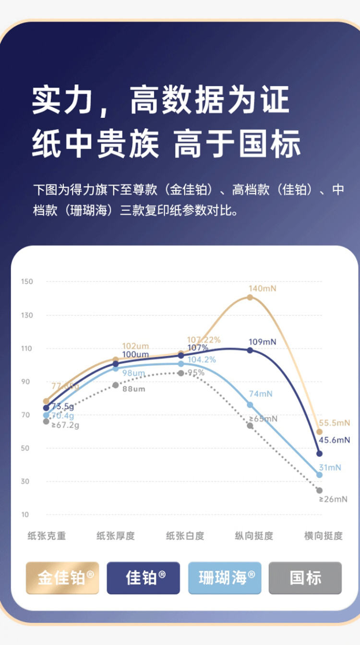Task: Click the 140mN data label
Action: [262, 289]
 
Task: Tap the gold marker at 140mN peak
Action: [250, 297]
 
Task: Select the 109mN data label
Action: [262, 342]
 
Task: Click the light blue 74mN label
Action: [261, 394]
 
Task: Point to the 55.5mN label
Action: [335, 423]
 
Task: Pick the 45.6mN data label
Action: [335, 440]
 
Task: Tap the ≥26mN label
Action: [333, 499]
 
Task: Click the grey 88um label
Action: [133, 389]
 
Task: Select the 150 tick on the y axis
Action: [27, 281]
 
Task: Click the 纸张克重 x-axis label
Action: [47, 536]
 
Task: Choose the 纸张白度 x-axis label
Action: [185, 536]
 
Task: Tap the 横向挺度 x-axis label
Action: [324, 536]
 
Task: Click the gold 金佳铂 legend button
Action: [62, 578]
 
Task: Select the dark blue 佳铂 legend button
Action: [143, 578]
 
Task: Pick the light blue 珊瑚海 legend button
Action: [225, 578]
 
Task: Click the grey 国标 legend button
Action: [305, 578]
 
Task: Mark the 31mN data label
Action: [329, 467]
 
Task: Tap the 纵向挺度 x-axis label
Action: [254, 536]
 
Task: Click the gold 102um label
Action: [135, 346]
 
